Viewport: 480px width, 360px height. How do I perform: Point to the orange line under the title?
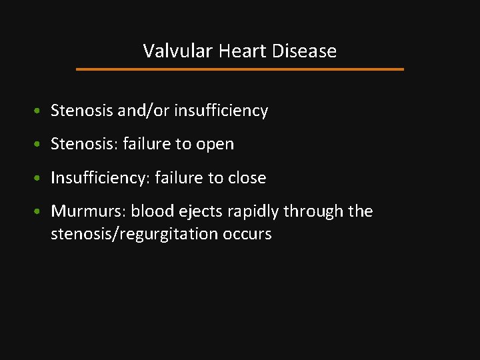pyautogui.click(x=240, y=69)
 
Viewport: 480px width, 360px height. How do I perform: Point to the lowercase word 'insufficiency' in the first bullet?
pyautogui.click(x=221, y=111)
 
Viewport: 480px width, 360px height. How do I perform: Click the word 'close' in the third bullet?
pyautogui.click(x=247, y=178)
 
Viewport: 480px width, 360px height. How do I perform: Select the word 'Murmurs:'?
pyautogui.click(x=88, y=211)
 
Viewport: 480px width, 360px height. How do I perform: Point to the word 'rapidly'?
pyautogui.click(x=253, y=211)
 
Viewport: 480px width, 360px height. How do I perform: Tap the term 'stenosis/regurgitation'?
pyautogui.click(x=130, y=234)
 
